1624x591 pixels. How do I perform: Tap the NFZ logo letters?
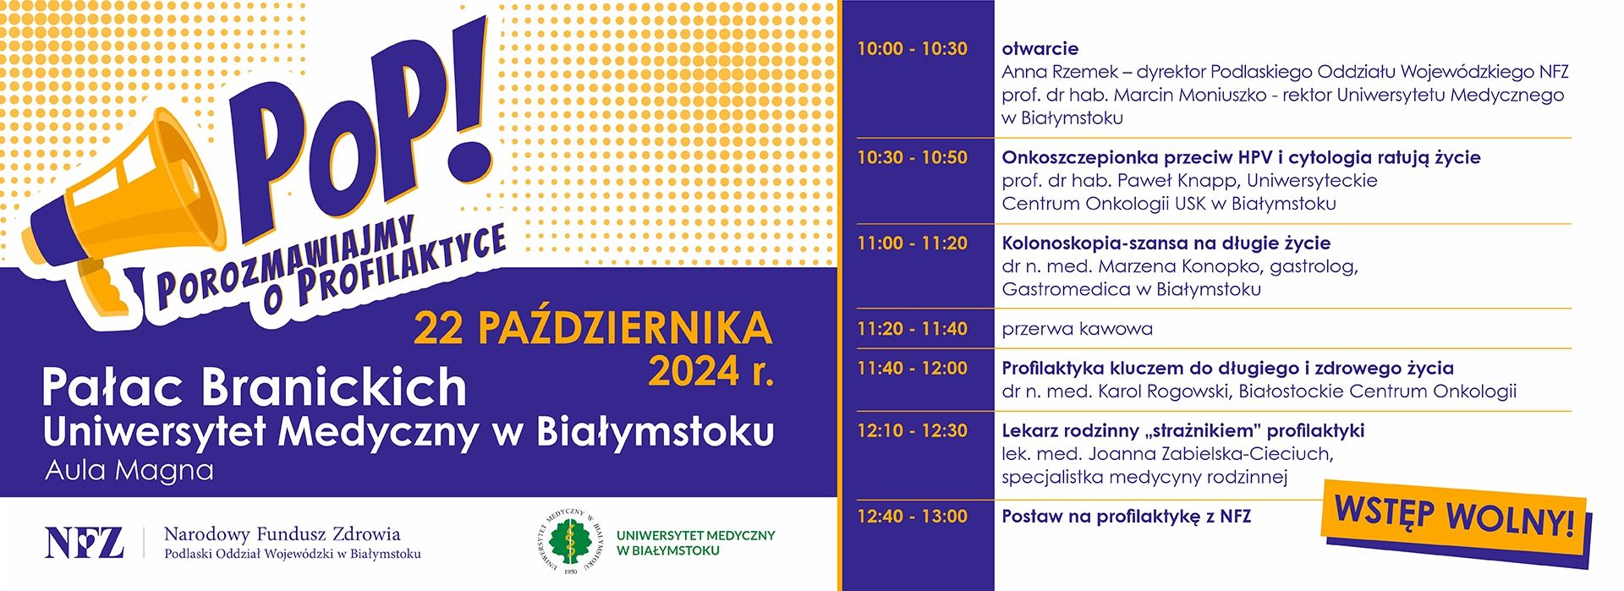(x=84, y=543)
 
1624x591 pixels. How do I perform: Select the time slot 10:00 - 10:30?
(x=912, y=49)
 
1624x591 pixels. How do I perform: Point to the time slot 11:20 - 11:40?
(x=912, y=329)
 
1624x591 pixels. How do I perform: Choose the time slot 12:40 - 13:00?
(x=912, y=517)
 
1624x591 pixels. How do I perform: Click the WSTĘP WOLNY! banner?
(x=1455, y=518)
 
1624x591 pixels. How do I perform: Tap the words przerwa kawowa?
(x=1077, y=329)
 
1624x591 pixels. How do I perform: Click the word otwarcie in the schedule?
(x=1040, y=49)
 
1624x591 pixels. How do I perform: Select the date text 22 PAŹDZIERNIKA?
(x=593, y=329)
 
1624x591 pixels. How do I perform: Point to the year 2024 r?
(x=710, y=371)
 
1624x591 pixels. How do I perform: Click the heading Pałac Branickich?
(x=254, y=387)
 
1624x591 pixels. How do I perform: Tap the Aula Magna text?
(x=129, y=470)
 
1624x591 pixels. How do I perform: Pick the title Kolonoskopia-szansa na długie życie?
(x=1166, y=244)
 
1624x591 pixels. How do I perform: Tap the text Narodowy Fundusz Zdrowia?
(x=283, y=534)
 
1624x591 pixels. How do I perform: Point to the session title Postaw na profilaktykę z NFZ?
(x=1127, y=517)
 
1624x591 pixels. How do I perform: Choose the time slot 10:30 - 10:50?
(x=912, y=157)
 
